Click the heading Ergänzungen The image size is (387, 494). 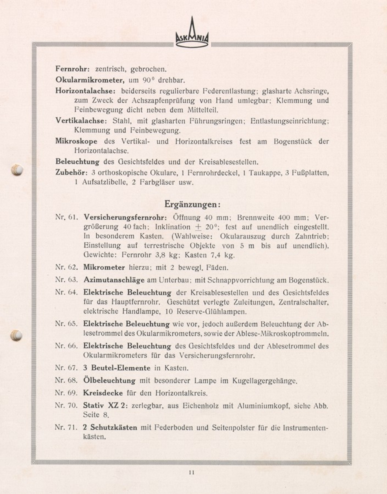pos(192,204)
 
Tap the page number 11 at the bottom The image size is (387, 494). pos(192,473)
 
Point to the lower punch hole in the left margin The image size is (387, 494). pos(16,335)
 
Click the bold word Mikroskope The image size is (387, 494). pos(76,141)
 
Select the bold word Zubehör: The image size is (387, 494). pos(71,173)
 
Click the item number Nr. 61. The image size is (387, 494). pos(67,217)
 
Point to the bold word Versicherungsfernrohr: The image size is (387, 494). pos(125,217)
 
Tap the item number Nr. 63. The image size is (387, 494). pos(67,280)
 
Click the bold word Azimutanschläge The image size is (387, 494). pos(114,280)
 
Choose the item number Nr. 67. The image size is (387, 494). pos(67,368)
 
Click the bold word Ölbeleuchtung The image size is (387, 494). pos(109,381)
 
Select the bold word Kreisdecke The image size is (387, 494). pos(103,393)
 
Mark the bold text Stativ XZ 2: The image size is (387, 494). pos(105,406)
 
